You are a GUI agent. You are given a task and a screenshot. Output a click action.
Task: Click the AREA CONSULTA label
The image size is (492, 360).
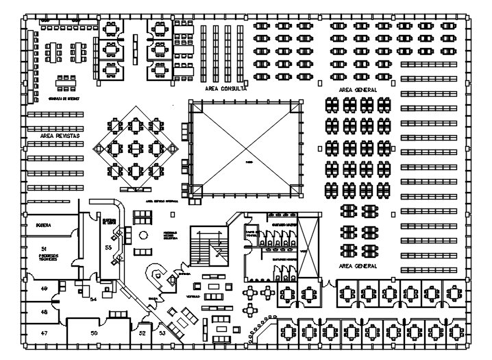[225, 89]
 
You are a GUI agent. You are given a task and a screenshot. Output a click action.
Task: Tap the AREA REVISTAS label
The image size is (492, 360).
[60, 136]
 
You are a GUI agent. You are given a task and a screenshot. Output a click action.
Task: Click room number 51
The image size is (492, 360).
[43, 248]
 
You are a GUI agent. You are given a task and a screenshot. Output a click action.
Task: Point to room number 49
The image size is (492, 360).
[44, 289]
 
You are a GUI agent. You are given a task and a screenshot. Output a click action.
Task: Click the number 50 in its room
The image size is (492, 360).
[95, 333]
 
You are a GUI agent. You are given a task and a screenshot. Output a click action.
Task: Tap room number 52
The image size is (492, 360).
[142, 333]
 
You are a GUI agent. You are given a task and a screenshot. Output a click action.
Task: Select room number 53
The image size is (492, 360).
[162, 333]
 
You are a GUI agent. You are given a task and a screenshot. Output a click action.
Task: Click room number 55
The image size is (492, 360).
[108, 246]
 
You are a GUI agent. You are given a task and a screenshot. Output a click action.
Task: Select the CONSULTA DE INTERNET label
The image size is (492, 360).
[63, 99]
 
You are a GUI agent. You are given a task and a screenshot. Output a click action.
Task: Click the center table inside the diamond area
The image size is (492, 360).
[136, 146]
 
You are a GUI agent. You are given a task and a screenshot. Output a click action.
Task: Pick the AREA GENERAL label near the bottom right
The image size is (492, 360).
[358, 265]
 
